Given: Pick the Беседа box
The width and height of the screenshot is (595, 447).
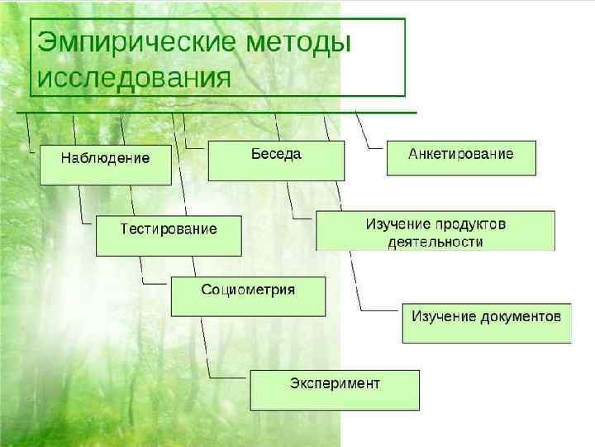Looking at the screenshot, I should tap(275, 161).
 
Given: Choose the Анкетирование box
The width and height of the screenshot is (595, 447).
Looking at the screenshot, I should tap(460, 157).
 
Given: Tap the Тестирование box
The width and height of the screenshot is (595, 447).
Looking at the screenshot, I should tap(169, 236).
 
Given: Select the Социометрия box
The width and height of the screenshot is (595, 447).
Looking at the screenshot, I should tap(248, 296).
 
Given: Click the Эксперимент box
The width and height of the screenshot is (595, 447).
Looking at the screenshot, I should tap(335, 390).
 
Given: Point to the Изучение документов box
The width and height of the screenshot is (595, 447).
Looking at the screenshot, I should tap(486, 323).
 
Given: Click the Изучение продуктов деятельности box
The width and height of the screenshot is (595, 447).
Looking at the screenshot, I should tap(435, 231).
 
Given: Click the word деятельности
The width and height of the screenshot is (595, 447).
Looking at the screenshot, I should tap(435, 243).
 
